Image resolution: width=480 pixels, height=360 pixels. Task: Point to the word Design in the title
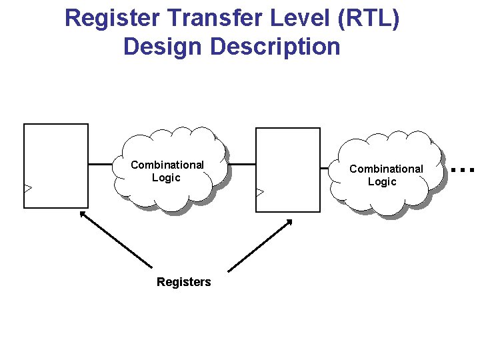tap(163, 47)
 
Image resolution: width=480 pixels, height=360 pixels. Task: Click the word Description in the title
tap(275, 47)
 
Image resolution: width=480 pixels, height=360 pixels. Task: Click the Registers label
tap(183, 282)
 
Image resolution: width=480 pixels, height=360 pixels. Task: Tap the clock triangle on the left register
tap(27, 188)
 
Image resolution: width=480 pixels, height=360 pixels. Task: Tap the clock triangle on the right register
tap(260, 192)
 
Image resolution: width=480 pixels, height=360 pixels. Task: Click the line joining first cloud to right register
tap(241, 164)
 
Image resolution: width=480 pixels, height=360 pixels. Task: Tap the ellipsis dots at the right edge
tap(462, 170)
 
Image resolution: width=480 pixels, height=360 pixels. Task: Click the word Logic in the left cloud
tap(166, 178)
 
